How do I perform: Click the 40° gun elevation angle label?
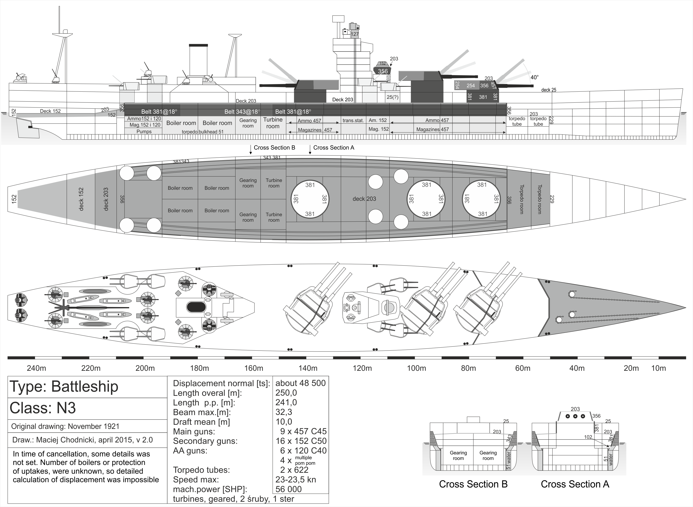[534, 77]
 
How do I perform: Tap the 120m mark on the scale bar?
[362, 368]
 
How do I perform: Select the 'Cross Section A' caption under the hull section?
[574, 484]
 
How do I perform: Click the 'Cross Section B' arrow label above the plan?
[274, 148]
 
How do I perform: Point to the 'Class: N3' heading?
[43, 408]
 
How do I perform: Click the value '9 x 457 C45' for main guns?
[303, 431]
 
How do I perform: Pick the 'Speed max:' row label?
[196, 479]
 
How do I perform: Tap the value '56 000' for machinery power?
[289, 489]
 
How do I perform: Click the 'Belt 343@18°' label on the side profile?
[242, 112]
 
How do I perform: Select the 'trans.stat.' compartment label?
[353, 121]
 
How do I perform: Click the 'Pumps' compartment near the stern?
[144, 132]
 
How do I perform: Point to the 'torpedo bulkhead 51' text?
[203, 132]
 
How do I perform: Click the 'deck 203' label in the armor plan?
[364, 199]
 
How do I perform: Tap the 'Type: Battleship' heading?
[64, 386]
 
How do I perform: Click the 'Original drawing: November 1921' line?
[65, 426]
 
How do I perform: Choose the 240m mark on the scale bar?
[36, 368]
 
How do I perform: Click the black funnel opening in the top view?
[196, 307]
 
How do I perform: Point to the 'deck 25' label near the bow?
[548, 90]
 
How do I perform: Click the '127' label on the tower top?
[355, 34]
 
